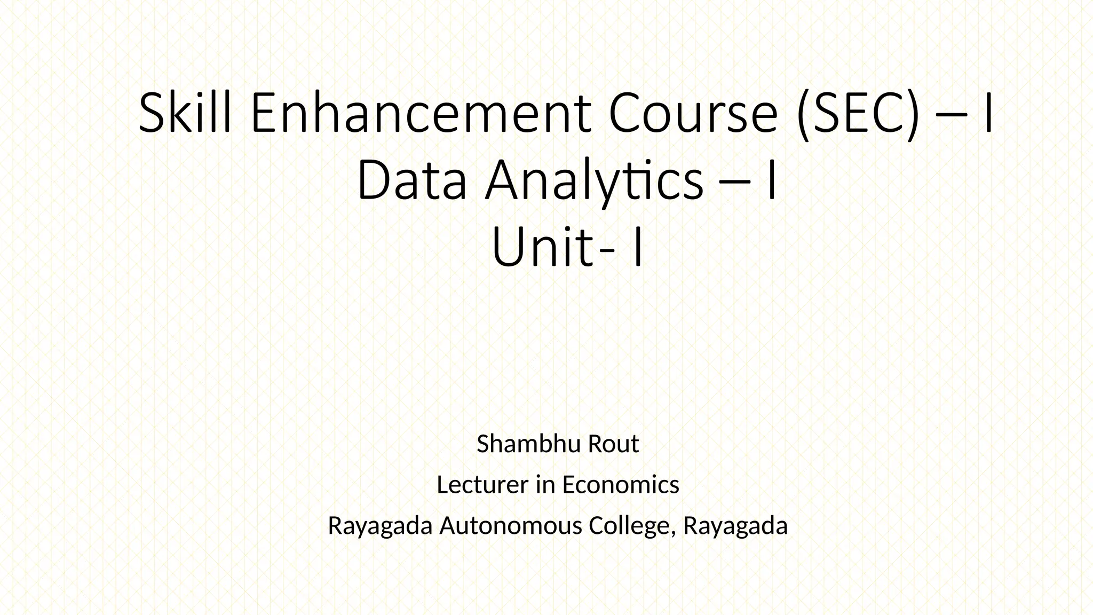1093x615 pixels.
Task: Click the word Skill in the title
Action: (185, 114)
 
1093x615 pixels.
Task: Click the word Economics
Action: (620, 485)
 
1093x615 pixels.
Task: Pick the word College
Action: (631, 526)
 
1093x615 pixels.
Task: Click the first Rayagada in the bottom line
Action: (379, 526)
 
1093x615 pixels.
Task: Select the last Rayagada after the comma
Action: (735, 526)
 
